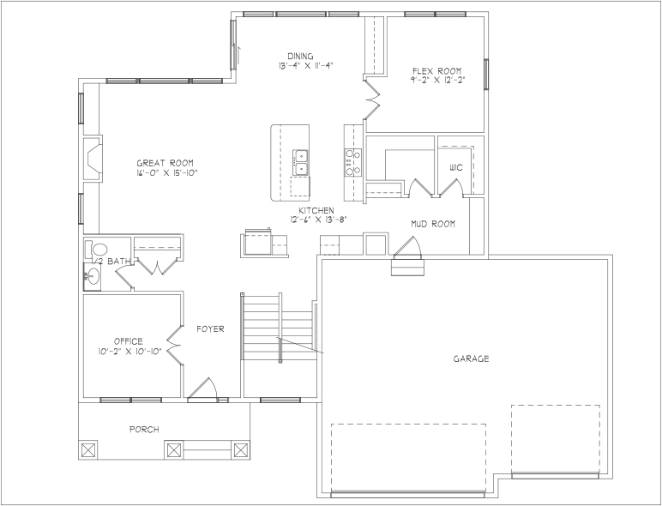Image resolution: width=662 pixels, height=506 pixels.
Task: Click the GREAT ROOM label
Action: tap(165, 163)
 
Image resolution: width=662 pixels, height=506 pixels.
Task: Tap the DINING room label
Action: tap(301, 57)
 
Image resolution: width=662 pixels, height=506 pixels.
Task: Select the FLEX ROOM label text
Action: tap(437, 71)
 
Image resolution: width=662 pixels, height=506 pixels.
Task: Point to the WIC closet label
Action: tap(456, 168)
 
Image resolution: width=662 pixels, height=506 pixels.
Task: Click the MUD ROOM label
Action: tap(433, 224)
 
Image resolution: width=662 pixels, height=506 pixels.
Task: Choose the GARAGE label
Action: tap(471, 359)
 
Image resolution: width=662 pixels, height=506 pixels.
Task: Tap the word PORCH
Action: tap(144, 430)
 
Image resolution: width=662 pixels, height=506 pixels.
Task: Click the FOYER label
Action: tap(210, 328)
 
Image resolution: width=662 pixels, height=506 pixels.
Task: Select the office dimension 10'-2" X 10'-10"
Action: tap(130, 352)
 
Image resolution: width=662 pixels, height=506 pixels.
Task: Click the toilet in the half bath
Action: tap(97, 250)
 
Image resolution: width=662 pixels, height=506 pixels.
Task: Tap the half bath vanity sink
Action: tap(93, 277)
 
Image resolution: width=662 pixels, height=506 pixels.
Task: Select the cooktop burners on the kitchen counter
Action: tap(353, 162)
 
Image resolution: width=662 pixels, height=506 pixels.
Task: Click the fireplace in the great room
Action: tap(93, 159)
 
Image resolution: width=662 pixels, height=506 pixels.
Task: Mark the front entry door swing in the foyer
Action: tap(202, 389)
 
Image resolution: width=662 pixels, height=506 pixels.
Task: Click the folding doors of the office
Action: tap(174, 345)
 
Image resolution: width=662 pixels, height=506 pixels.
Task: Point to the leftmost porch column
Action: tap(88, 449)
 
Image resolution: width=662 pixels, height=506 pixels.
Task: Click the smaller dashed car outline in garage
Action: tap(555, 439)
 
